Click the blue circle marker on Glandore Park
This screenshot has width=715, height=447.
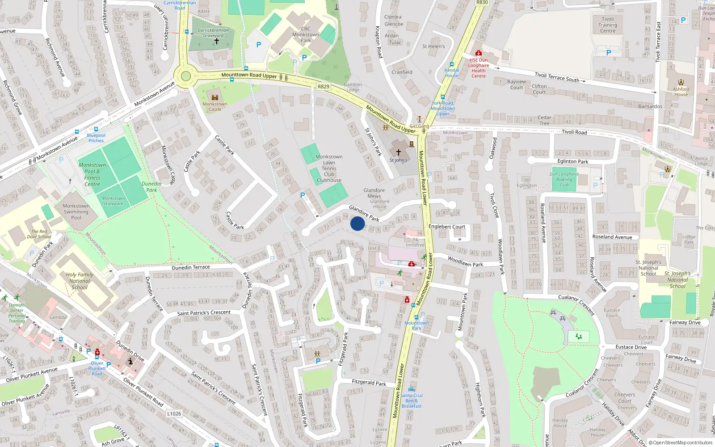click(357, 223)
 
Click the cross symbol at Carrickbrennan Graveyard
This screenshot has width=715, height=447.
click(217, 41)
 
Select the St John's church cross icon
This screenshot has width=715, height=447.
click(399, 152)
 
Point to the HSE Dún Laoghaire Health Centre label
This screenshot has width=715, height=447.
click(479, 68)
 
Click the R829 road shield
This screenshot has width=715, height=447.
click(324, 87)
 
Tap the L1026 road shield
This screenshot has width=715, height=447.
click(174, 413)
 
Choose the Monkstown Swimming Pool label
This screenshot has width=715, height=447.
click(76, 212)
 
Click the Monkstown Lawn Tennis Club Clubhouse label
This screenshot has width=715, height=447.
click(329, 169)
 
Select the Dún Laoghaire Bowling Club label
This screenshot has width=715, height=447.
click(564, 179)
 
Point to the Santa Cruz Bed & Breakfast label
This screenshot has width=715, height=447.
click(412, 401)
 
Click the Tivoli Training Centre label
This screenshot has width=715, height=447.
click(608, 25)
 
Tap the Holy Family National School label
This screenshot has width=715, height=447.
click(80, 281)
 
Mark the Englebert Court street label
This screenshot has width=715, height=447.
click(447, 227)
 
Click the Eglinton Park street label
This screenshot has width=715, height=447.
click(573, 161)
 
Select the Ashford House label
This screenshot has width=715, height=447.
click(681, 92)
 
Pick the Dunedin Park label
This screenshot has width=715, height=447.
click(151, 187)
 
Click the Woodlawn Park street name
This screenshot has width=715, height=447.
click(465, 261)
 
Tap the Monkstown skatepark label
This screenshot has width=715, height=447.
click(113, 201)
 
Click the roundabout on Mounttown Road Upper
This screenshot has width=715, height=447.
click(186, 76)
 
